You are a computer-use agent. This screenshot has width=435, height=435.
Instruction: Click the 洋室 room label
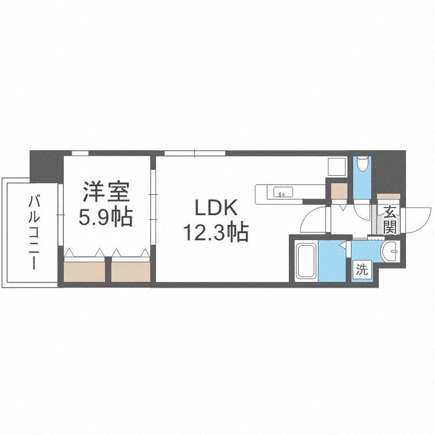106,192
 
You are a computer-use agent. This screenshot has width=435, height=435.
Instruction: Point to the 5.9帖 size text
106,217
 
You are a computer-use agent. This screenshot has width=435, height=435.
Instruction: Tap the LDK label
216,208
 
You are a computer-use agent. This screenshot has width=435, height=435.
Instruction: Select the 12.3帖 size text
216,232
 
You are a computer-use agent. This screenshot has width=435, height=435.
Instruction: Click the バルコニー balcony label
33,232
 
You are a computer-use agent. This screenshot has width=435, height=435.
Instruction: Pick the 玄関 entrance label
390,219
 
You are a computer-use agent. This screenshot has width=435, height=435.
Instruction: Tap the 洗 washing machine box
362,269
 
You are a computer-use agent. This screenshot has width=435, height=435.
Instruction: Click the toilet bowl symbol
362,164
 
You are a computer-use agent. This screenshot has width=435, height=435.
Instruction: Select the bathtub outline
306,261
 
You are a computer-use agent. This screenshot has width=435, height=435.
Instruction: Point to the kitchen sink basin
283,192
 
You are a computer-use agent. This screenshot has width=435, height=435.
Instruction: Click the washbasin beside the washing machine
390,251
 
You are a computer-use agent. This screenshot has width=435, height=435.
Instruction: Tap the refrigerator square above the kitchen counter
336,166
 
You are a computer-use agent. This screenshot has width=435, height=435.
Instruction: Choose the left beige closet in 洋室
85,271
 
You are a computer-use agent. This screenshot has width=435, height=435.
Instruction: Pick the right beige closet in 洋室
130,271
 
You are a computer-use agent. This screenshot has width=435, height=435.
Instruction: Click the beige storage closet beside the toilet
339,191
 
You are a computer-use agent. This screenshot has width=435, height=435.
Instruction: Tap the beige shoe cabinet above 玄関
389,197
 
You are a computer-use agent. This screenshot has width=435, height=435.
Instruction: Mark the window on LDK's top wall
195,153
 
